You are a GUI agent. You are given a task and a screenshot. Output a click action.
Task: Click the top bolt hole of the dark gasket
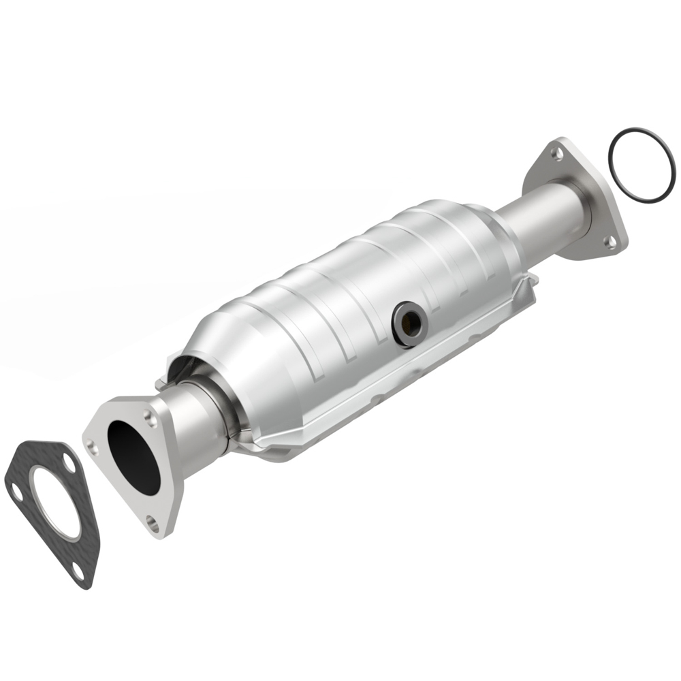point(69,464)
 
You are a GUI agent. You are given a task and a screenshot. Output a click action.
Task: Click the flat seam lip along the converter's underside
point(381,409)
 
